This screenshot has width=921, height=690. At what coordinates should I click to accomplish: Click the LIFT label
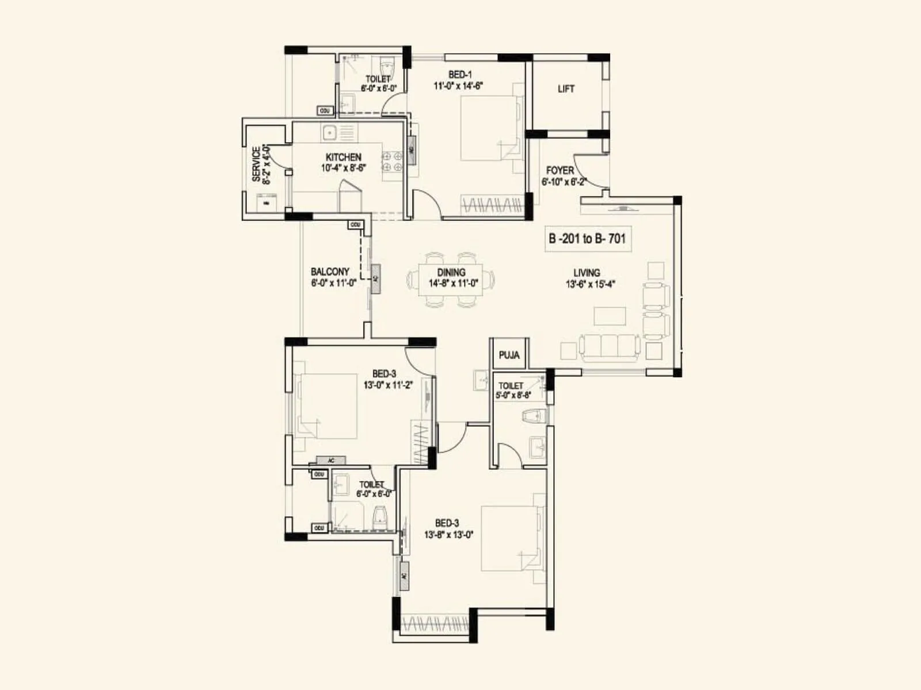(566, 89)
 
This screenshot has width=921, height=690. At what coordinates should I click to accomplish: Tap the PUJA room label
(509, 355)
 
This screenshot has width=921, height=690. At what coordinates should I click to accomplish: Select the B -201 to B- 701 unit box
(588, 239)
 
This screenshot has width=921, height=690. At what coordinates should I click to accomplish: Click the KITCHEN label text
(344, 157)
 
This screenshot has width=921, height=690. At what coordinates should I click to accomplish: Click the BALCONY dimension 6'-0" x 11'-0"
(333, 283)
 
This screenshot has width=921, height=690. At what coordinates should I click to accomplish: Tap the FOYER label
(560, 170)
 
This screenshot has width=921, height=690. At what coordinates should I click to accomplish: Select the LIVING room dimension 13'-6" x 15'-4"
(591, 283)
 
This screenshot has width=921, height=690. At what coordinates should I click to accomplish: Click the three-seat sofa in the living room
(610, 347)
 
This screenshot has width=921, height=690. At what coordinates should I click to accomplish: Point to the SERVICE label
(256, 164)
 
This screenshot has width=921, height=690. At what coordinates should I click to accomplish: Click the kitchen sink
(329, 133)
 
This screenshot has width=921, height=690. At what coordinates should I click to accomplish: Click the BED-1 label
(460, 74)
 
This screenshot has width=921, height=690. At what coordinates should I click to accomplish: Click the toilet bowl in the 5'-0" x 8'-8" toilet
(533, 415)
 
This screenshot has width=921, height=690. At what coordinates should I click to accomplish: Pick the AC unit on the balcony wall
(375, 279)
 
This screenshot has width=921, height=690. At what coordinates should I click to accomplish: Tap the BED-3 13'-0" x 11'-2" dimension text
(387, 385)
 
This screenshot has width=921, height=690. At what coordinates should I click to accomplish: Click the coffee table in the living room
(610, 316)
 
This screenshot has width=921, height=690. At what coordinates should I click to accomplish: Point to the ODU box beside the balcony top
(355, 224)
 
